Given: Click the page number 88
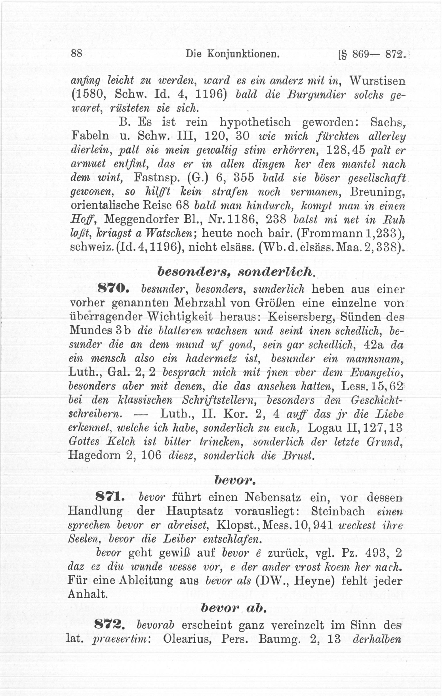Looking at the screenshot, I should coord(76,53).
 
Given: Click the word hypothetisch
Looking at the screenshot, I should coord(255,122).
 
